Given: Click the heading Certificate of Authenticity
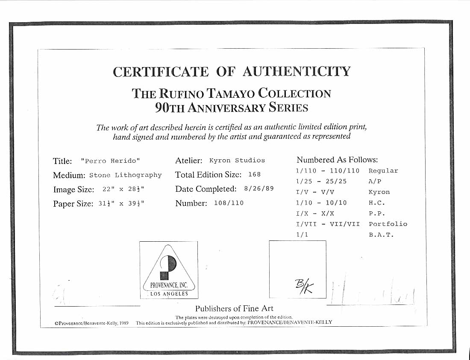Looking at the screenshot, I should pos(232,71).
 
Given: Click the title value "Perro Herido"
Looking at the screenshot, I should pos(110,161).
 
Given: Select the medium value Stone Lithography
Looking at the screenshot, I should pos(126,175).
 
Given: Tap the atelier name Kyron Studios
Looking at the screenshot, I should pos(237,161).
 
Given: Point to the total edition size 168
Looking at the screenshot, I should pos(254,174).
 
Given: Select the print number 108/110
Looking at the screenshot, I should pos(229,203).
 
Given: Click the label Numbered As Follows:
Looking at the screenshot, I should pos(337,160).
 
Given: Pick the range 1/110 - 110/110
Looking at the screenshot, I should pos(328,171).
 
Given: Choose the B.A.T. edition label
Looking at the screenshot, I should pos(381,235).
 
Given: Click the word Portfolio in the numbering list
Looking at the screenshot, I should pos(388,224).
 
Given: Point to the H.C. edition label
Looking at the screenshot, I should pos(377,203).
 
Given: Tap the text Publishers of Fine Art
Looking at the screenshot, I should pos(234,308).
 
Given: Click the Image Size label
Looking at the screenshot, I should pos(73,190).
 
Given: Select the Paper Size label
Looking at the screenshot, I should pos(73,204).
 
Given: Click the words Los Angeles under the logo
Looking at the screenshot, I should pos(169,294).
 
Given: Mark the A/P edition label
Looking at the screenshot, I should pos(375,181).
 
